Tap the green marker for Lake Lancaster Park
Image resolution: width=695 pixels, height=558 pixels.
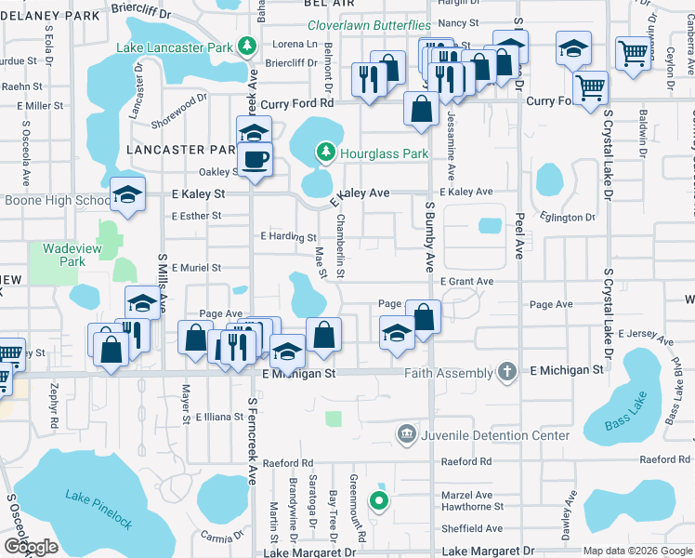coord(246,46)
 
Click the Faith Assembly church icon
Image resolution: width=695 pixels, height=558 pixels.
coord(506,372)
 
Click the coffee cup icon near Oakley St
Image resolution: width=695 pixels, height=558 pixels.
coord(255,158)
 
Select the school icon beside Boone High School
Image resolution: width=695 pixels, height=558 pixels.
coord(127,195)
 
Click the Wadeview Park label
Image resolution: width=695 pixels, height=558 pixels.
coord(63,255)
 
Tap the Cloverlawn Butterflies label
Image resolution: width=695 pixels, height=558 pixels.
coord(369,26)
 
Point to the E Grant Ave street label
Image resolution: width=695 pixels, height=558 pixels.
coord(466,281)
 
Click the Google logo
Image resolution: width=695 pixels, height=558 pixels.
coord(31,547)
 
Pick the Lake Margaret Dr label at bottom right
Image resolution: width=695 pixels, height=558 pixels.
coord(489,551)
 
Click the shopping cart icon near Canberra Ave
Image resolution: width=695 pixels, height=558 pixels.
coord(633,53)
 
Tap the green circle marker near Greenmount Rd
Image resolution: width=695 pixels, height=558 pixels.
coord(378,502)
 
